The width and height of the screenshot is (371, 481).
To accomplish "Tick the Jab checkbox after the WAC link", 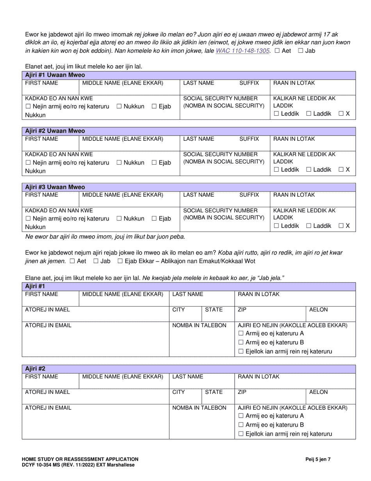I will click(x=300, y=51).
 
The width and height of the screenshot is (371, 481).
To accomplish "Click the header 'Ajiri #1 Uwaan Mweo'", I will click(x=55, y=75).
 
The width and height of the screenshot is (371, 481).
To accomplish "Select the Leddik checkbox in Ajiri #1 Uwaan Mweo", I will click(x=276, y=114).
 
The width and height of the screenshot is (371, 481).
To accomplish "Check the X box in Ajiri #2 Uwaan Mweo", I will click(x=341, y=170).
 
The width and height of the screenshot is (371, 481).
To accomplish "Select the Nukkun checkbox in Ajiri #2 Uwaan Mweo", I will click(x=119, y=163).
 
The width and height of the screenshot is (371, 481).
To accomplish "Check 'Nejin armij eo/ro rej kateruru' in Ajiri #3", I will click(x=28, y=219).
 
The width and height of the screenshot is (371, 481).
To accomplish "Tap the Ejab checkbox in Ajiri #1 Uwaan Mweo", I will click(x=154, y=106).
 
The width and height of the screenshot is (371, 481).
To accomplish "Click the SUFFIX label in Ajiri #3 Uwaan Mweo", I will click(x=249, y=195).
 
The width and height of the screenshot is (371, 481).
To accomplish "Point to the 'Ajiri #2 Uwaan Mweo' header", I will click(x=55, y=131).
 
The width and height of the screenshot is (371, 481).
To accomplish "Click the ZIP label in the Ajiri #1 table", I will click(x=242, y=310).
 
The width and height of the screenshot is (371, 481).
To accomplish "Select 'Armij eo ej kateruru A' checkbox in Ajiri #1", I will click(x=241, y=334).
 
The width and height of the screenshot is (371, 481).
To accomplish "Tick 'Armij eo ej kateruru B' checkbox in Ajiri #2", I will click(x=241, y=425).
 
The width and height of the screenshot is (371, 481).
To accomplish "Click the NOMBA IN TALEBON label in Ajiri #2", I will click(x=199, y=408).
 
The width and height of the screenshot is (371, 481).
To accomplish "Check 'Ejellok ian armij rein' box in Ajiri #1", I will click(x=241, y=352).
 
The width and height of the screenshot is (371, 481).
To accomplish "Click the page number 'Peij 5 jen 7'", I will click(x=318, y=459).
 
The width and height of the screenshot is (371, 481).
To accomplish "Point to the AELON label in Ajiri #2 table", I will click(x=318, y=392).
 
